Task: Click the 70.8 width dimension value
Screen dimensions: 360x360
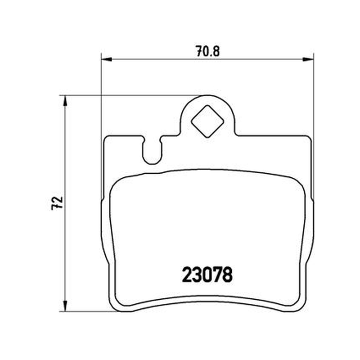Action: point(208,51)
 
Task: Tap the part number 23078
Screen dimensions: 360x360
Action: point(207,274)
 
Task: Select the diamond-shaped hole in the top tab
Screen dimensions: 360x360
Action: point(207,121)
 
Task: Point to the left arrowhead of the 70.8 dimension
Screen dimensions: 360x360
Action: point(106,59)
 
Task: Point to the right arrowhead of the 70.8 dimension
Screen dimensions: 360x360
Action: point(308,59)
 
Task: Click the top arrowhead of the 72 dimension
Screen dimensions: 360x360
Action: point(65,101)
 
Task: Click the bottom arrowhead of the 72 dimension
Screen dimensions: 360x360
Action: point(65,306)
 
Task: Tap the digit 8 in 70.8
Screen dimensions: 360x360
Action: point(216,51)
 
